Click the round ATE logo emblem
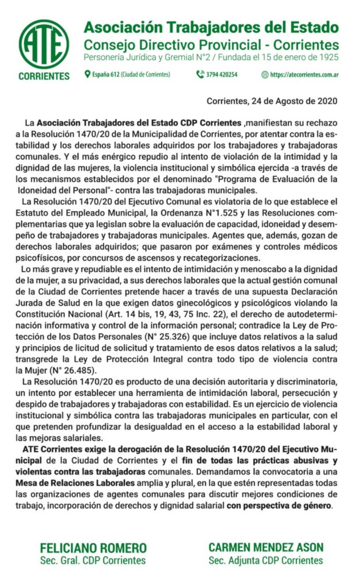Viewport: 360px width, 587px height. coord(44,44)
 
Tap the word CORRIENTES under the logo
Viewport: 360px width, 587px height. coord(44,76)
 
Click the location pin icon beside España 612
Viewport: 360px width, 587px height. coord(87,74)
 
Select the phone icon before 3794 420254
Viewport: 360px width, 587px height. coord(200,74)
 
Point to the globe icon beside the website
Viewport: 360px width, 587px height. coord(265,74)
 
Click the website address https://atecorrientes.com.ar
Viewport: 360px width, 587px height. coord(304,74)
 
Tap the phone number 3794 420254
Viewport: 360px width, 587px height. coord(222,74)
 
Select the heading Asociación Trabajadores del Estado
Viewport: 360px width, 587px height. coord(211,27)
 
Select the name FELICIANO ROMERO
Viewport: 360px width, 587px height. coord(93,548)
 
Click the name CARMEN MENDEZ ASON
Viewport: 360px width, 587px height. coord(266,547)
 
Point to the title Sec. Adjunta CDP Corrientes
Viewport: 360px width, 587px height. coord(266,560)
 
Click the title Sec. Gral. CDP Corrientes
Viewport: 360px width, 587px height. coord(93,560)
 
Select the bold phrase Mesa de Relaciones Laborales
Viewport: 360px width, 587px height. coord(75,483)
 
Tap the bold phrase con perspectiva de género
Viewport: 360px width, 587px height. coord(279,505)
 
